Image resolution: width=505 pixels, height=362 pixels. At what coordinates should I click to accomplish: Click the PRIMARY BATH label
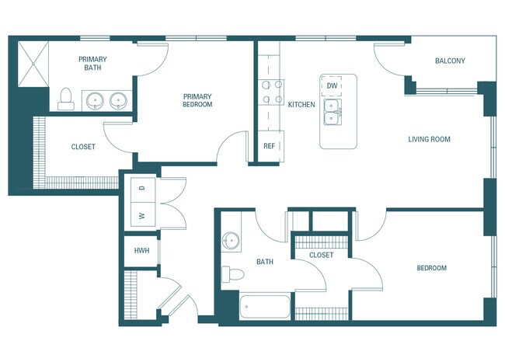pos(97,64)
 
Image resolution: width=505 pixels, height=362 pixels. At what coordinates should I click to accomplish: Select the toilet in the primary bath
pos(66,99)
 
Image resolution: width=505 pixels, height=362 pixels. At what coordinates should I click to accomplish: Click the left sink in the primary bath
pos(95,100)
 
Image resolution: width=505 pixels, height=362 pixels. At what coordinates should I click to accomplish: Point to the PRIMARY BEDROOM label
pos(197,100)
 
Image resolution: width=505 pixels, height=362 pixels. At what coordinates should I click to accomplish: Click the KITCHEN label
pos(301,104)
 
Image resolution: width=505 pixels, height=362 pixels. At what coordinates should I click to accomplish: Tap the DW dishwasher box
pos(332,85)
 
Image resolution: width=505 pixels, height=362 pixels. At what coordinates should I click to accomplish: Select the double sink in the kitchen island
pos(333,111)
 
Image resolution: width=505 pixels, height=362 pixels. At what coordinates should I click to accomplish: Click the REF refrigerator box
pos(270,145)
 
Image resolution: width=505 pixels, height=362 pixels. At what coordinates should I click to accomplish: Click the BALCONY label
pos(450,61)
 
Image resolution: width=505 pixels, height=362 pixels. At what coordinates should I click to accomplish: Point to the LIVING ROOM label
pos(430,140)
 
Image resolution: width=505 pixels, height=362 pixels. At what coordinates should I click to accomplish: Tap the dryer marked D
pos(142,188)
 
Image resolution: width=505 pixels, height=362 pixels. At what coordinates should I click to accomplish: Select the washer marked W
pos(142,215)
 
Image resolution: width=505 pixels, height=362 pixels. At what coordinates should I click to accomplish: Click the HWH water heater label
pos(141,251)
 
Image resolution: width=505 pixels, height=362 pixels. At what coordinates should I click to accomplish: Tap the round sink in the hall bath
pos(230,239)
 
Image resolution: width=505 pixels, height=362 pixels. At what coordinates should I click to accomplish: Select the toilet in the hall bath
pos(231,273)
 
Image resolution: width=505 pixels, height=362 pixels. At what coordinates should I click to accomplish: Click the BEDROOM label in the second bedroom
pos(431,268)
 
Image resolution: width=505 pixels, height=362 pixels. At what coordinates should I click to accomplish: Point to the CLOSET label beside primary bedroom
pos(83,147)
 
